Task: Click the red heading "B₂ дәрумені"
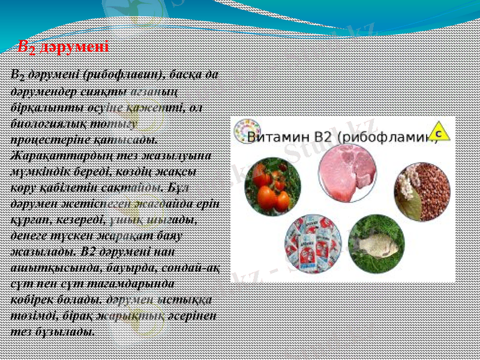coord(62,46)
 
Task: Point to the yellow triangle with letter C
coord(440,131)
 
